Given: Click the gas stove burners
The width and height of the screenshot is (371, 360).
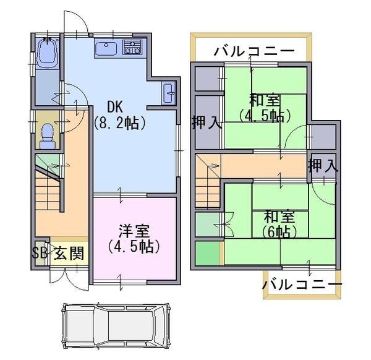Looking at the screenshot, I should (132, 46).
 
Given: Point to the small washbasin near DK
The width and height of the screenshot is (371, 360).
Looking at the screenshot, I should (169, 95).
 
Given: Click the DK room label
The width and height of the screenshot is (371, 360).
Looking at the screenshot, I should (118, 106).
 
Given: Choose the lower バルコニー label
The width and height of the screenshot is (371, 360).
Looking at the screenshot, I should (301, 285).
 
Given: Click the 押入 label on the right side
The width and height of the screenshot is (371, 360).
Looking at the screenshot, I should (323, 165).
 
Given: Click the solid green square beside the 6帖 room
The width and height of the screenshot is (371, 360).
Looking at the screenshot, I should (208, 254).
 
